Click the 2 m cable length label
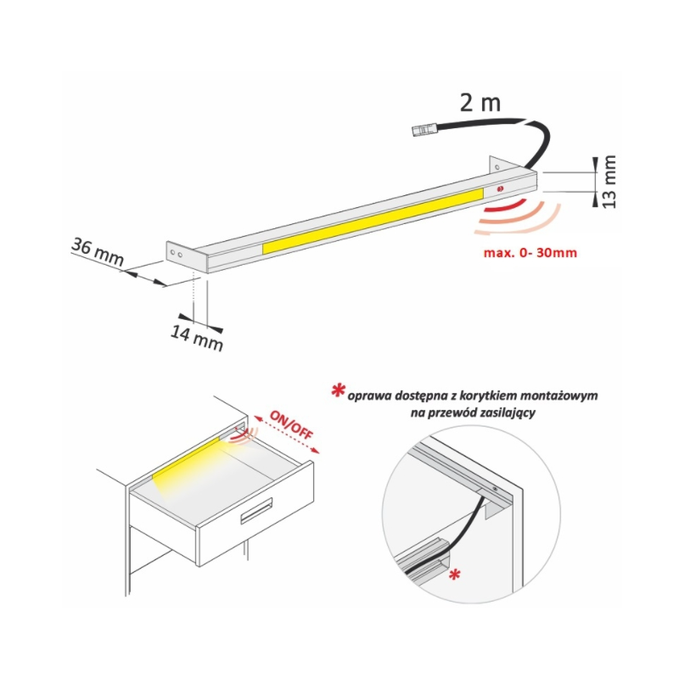[480, 103]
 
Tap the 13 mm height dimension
[609, 182]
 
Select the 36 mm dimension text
[98, 251]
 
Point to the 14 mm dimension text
[197, 338]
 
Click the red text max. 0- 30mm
[530, 252]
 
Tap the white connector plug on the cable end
[424, 130]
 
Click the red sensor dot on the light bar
[501, 188]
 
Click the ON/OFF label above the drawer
[291, 424]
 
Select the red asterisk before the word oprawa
[338, 391]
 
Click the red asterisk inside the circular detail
[455, 575]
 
